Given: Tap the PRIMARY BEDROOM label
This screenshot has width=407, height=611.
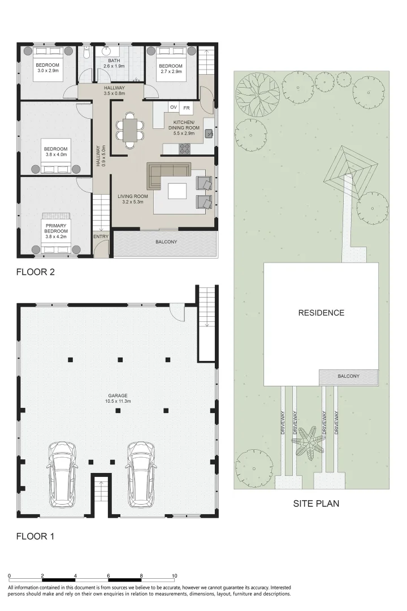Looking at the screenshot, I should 56,228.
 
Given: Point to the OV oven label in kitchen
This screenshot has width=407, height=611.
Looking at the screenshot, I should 174,107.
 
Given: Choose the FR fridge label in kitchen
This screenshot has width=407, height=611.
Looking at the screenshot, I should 187,107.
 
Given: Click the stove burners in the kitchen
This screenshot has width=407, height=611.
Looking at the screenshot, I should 185,149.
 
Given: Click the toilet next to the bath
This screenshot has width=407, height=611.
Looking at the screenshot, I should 85,54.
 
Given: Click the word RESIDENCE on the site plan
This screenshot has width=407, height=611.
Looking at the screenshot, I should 321,313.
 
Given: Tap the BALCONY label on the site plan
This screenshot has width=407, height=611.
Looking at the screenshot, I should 348,376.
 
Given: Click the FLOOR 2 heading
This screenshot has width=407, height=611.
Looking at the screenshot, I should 35,272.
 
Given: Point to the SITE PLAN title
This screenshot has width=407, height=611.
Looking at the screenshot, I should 316,504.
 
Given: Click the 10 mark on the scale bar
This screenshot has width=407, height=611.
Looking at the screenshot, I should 175,575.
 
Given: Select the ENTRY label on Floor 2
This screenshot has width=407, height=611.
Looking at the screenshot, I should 101,236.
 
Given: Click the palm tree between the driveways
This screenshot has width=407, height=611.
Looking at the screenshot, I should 308,443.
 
